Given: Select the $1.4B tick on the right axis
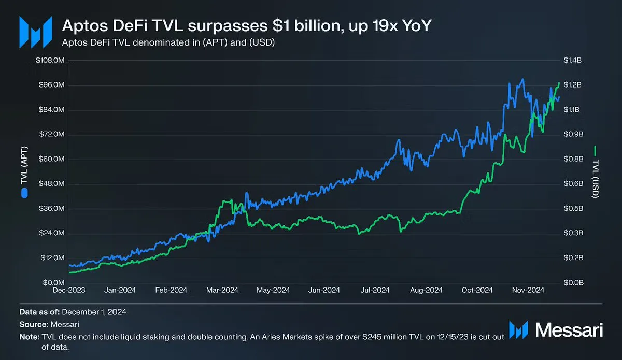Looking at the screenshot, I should [573, 61].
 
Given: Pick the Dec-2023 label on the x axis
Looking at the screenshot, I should [68, 291].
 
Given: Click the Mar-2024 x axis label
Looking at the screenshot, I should [222, 291].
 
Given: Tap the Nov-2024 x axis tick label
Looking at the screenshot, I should [528, 291].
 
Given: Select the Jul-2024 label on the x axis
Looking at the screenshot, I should [375, 291].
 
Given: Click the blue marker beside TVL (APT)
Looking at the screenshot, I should [24, 193].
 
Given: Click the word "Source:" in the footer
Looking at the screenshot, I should [34, 324].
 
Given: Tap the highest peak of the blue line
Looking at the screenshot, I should [522, 79].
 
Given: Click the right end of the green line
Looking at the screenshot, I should [559, 83].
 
